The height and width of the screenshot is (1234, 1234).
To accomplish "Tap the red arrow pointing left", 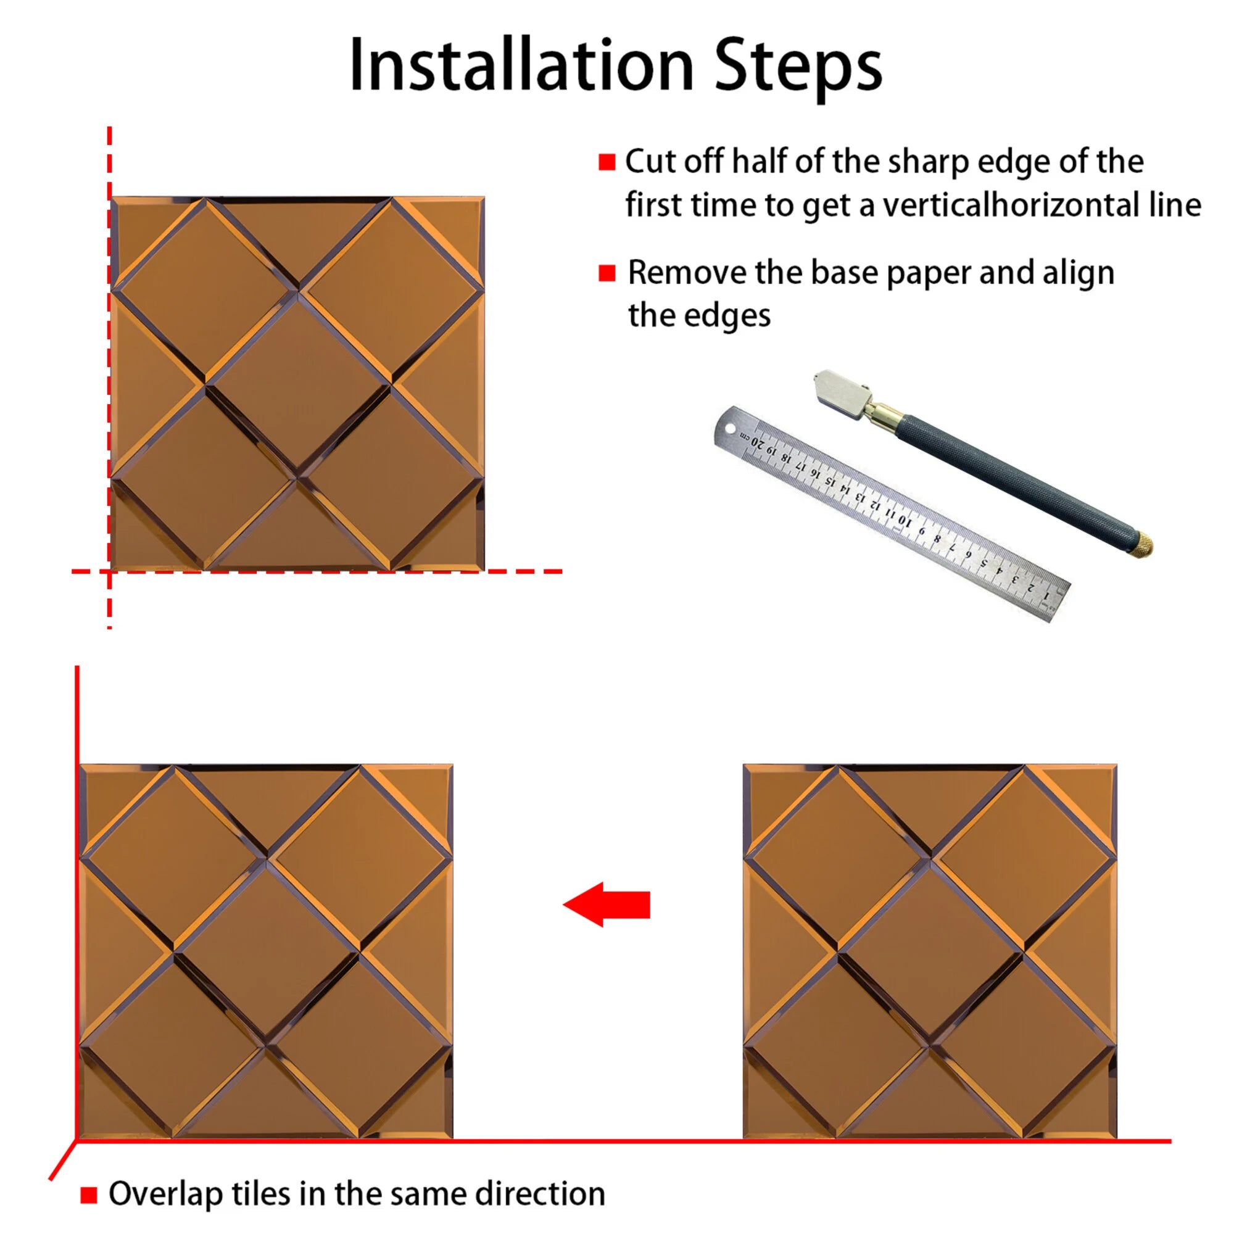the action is point(607,905).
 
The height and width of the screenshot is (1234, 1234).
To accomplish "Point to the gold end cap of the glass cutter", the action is point(1143,543).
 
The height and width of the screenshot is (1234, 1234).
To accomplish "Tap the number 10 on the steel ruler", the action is point(905,521).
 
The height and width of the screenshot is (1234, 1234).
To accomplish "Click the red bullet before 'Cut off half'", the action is point(607,162).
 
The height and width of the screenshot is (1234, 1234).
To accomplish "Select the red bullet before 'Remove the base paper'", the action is point(607,273).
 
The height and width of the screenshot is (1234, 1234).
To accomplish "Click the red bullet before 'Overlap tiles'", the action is point(89,1195).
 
